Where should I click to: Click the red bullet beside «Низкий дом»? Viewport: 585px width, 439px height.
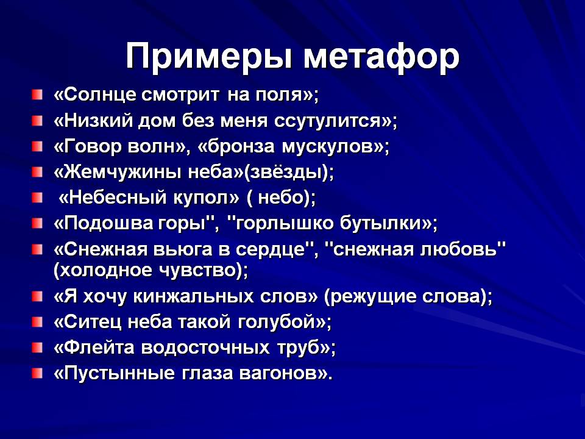coord(37,121)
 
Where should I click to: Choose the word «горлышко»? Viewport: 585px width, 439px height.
coord(282,223)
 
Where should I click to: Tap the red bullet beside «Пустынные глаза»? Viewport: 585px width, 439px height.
coord(37,373)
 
